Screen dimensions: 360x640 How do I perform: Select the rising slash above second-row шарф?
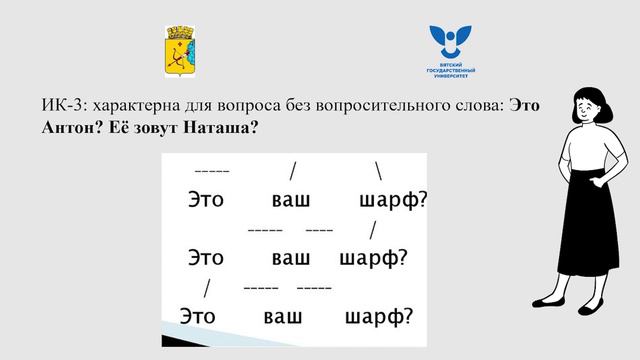[372, 229]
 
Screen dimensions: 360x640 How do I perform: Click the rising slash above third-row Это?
[206, 288]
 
